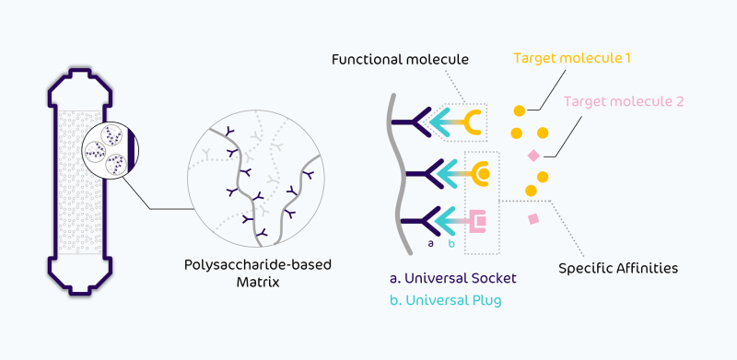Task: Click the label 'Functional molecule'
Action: click(400, 60)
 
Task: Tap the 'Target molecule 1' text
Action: click(571, 58)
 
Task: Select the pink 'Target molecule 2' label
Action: click(624, 101)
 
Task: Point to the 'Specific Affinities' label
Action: click(618, 268)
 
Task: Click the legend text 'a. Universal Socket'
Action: click(452, 278)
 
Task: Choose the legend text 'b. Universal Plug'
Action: click(446, 300)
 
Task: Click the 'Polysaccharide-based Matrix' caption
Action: click(258, 273)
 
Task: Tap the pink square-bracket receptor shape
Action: click(478, 221)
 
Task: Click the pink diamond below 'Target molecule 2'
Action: click(533, 155)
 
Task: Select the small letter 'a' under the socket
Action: click(430, 243)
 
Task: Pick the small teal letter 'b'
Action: click(451, 242)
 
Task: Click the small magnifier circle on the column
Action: click(110, 150)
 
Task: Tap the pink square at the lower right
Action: click(533, 219)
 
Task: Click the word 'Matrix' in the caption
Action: click(258, 283)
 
